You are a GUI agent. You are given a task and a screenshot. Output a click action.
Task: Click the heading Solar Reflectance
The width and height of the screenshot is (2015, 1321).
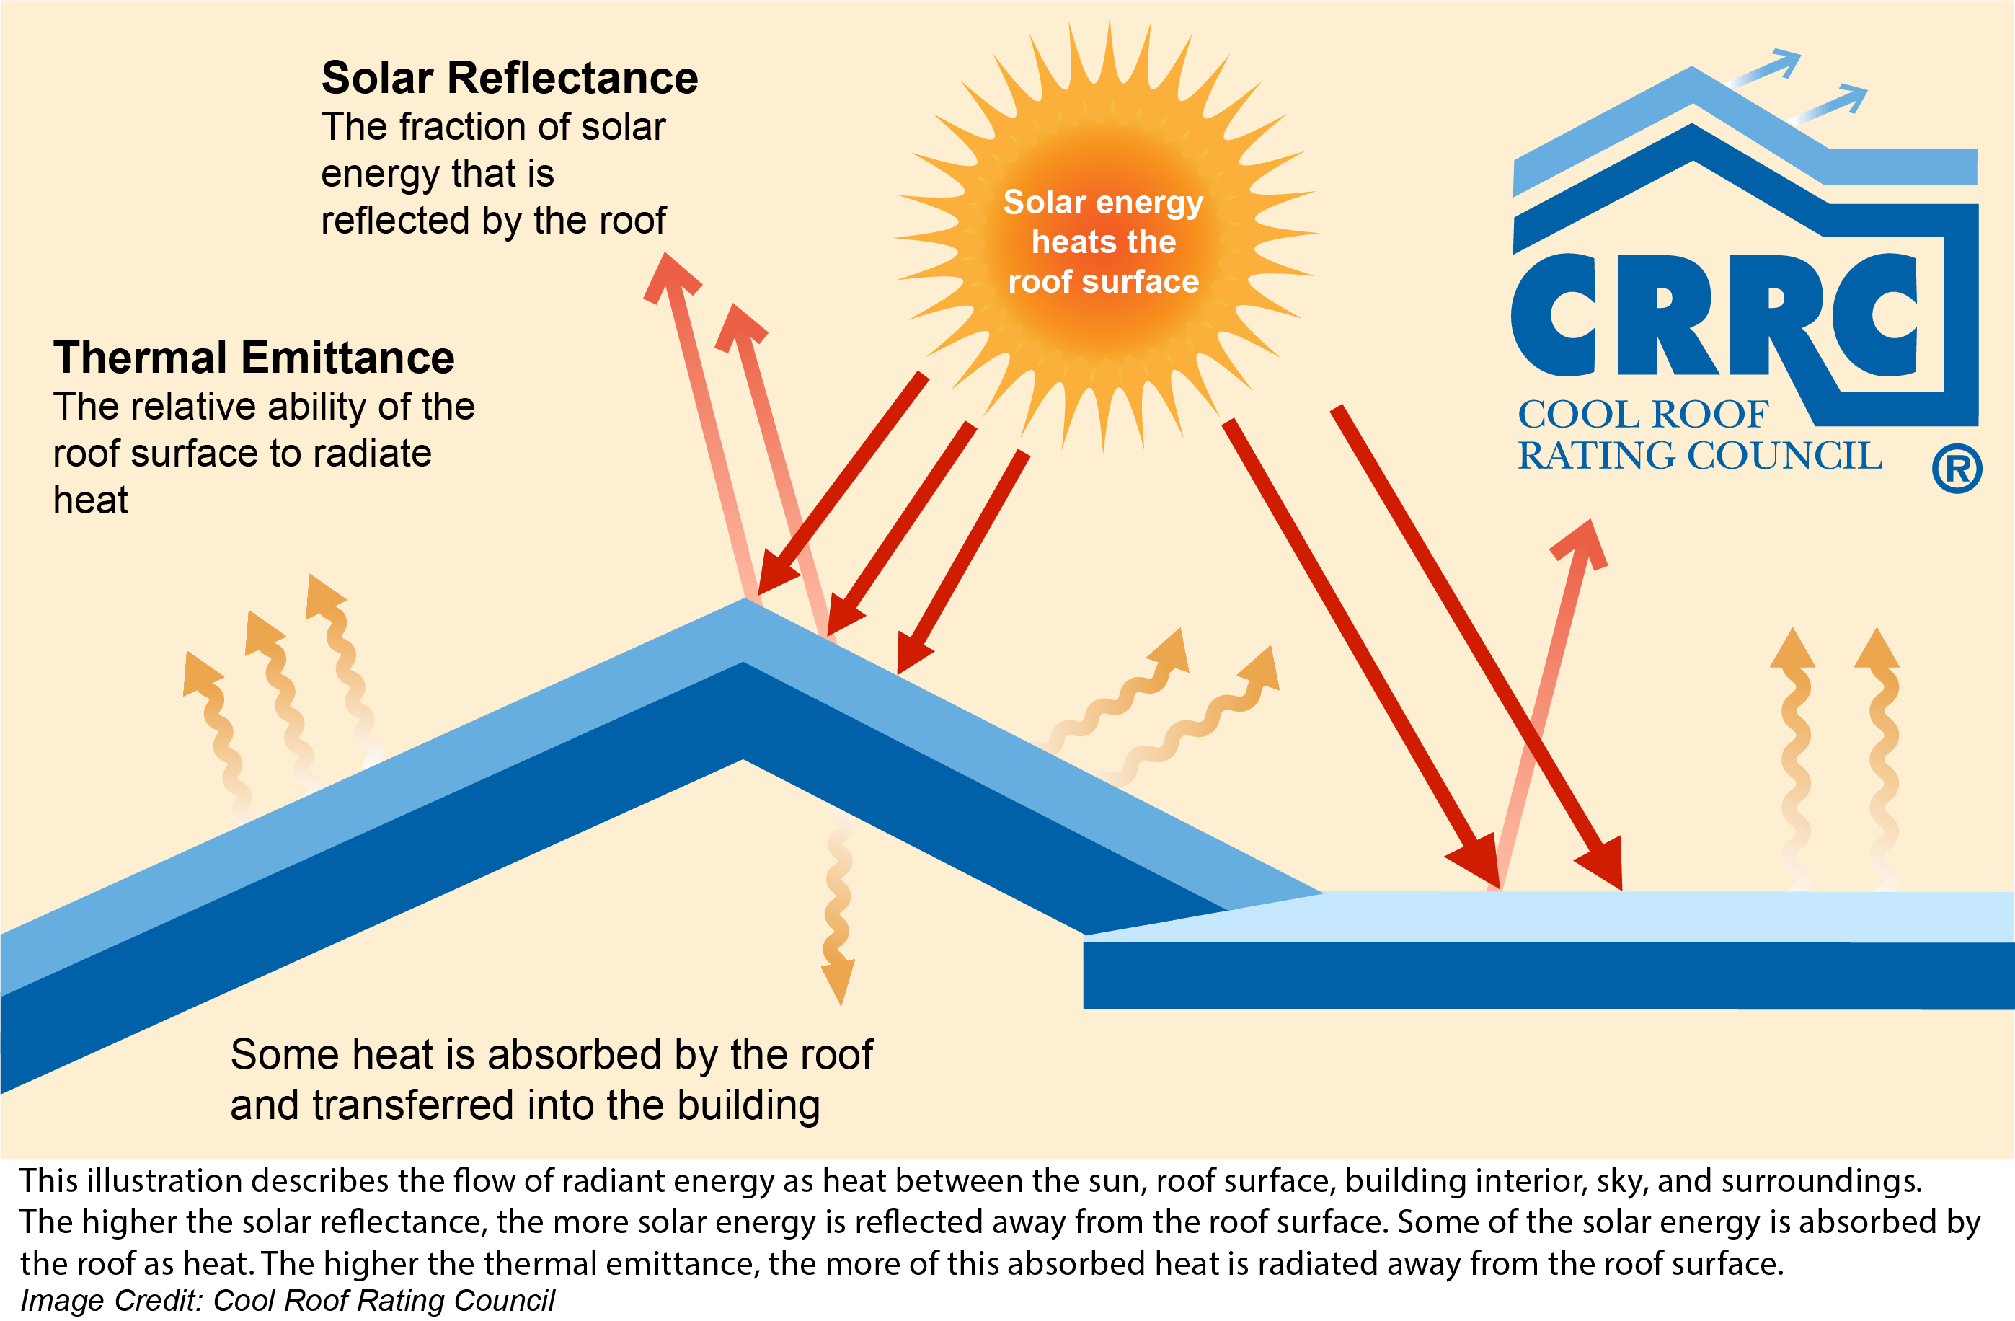[510, 78]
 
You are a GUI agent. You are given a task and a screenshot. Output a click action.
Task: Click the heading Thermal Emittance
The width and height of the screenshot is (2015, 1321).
[254, 358]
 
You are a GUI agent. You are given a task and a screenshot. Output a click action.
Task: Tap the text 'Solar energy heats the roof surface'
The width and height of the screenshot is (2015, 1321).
[1103, 242]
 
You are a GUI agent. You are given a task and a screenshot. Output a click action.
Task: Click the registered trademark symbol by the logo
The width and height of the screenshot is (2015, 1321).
[1957, 468]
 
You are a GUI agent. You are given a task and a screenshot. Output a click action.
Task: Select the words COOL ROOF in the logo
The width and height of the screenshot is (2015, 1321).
[1642, 415]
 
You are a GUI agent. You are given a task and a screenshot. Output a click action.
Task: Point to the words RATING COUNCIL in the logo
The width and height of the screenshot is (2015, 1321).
[1699, 456]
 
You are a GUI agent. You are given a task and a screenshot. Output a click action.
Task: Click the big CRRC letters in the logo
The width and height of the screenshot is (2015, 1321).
[1714, 314]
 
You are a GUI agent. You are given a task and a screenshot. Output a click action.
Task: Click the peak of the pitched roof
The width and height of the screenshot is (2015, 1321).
[744, 599]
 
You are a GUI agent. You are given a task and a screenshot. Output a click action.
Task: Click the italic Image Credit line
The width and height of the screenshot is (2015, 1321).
[287, 1300]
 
